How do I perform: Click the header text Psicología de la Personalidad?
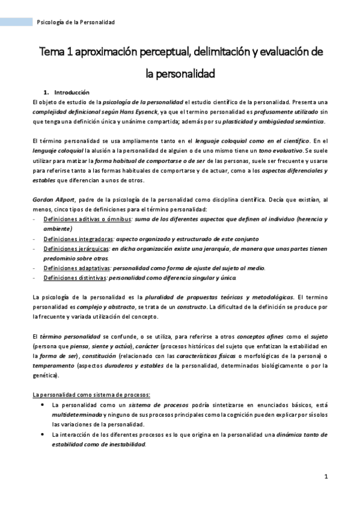click(x=76, y=22)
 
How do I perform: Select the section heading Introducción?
click(x=72, y=93)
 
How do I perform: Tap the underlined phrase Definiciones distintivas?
click(x=74, y=277)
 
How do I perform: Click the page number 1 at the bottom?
click(x=325, y=477)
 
